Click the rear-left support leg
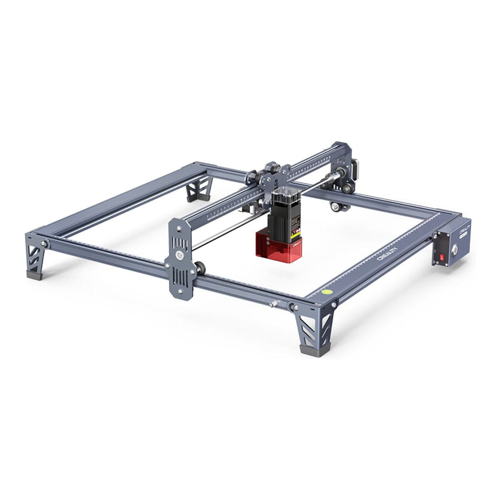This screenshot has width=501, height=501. coord(198,191)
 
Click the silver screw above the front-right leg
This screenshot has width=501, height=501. coord(333,305)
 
